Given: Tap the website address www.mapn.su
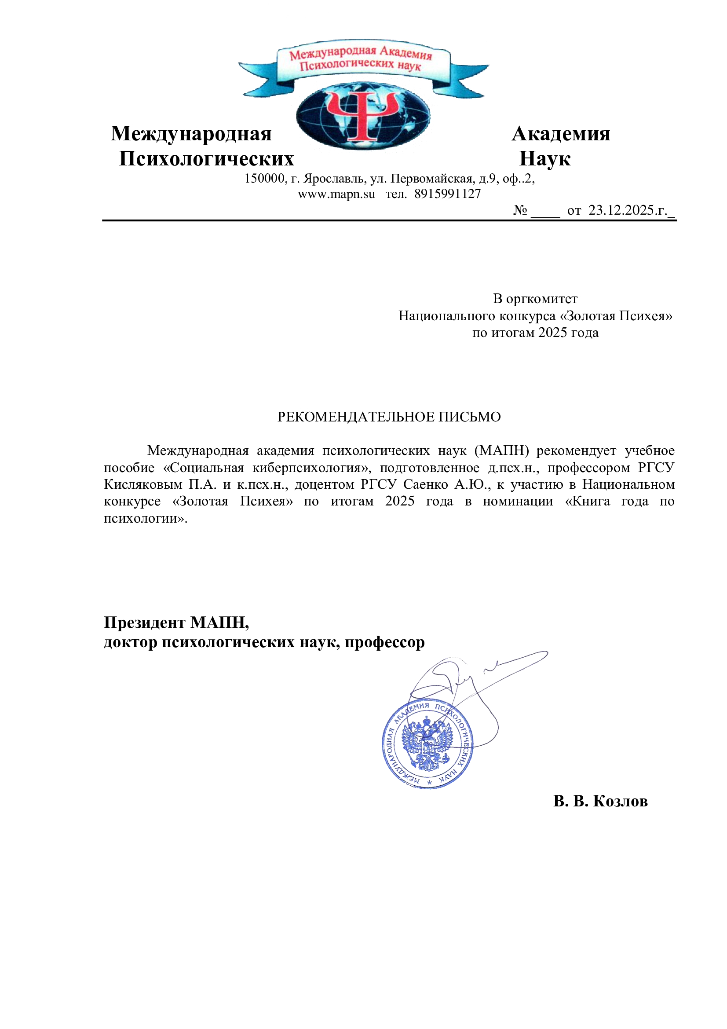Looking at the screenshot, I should pyautogui.click(x=336, y=194).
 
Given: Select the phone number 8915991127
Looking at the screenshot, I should pyautogui.click(x=447, y=194).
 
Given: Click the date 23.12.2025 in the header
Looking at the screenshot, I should pyautogui.click(x=621, y=210).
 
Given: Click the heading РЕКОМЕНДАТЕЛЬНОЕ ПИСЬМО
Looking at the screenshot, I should pyautogui.click(x=389, y=417).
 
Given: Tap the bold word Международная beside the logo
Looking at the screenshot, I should pyautogui.click(x=191, y=134).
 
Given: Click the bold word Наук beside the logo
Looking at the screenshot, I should pyautogui.click(x=544, y=159).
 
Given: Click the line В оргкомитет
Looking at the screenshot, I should pyautogui.click(x=535, y=298).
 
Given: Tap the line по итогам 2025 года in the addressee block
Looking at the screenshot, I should pyautogui.click(x=535, y=333).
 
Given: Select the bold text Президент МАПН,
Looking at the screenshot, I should pyautogui.click(x=176, y=623).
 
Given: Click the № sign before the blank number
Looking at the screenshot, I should pyautogui.click(x=519, y=210).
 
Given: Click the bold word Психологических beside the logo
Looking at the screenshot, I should pyautogui.click(x=206, y=159).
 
